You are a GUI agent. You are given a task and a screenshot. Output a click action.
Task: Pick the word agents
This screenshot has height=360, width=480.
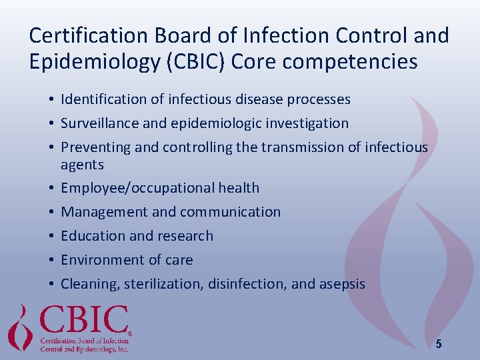point(82,165)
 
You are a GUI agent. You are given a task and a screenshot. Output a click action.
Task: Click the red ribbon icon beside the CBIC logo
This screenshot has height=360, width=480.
point(21,327)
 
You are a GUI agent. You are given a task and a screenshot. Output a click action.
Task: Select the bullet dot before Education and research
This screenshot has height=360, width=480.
point(51,237)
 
